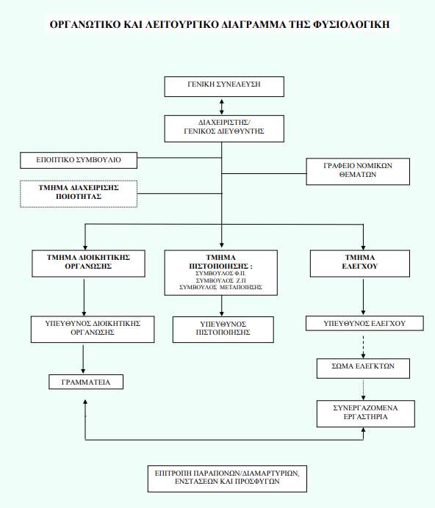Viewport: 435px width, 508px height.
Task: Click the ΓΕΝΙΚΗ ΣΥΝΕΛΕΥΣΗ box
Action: point(224,87)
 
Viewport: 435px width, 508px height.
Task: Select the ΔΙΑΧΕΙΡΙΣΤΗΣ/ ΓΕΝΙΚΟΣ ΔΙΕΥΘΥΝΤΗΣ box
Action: point(224,128)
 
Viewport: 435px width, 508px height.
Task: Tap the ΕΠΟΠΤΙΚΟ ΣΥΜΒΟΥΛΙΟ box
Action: point(79,160)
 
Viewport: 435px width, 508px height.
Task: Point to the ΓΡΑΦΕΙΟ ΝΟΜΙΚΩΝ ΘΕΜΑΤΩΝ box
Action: point(358,171)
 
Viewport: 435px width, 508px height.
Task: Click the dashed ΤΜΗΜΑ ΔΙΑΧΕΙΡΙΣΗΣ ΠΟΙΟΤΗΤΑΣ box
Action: point(79,194)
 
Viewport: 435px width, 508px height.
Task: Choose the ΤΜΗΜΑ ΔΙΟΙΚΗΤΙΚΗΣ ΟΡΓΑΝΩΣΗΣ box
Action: point(88,264)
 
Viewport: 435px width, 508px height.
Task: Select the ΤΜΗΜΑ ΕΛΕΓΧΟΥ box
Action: point(360,264)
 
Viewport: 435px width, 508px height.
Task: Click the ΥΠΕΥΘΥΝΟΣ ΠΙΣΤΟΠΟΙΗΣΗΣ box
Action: point(223,330)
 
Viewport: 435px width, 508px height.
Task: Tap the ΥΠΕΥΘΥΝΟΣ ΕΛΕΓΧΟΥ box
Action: point(364,323)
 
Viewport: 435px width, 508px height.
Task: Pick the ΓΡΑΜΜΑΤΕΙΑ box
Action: point(86,382)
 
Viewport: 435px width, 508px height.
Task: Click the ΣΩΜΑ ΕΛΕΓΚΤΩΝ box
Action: point(363,369)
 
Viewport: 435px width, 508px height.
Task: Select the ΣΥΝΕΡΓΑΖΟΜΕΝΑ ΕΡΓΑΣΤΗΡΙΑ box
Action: point(366,414)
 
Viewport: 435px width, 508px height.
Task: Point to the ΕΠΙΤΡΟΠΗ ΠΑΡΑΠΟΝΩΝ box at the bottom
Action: point(227,479)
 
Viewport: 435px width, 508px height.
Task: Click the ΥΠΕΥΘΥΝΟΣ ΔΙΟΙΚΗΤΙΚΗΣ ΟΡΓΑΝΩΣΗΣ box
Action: point(93,329)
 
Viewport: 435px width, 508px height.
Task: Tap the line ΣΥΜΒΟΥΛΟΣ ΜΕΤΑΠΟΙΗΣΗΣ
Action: point(221,287)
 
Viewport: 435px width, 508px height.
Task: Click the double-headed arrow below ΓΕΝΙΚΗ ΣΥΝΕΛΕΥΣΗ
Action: point(222,106)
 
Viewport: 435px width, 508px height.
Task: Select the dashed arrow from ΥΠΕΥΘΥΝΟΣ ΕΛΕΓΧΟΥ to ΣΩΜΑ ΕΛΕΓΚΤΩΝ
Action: point(363,345)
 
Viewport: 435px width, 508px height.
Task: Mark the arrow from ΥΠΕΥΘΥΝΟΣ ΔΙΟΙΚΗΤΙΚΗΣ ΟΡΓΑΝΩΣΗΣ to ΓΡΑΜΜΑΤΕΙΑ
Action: point(83,359)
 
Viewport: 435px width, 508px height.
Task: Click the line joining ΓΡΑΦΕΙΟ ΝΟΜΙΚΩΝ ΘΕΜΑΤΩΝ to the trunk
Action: point(264,174)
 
